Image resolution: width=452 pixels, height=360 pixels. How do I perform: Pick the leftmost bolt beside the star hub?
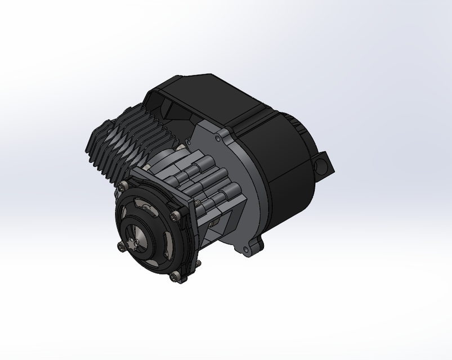(x=120, y=245)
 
